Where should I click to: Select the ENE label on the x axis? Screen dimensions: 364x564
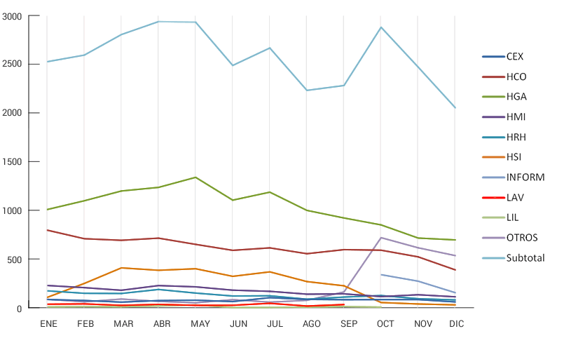[48, 323]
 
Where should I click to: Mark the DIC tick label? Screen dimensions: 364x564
[457, 323]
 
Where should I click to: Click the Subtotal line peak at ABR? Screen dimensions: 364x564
[158, 22]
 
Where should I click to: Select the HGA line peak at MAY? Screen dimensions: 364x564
[195, 177]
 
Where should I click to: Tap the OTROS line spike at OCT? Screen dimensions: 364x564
[380, 238]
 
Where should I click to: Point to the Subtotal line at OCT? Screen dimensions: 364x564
[380, 27]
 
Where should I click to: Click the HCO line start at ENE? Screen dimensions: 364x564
[47, 230]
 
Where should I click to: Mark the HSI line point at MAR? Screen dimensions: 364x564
[121, 268]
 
